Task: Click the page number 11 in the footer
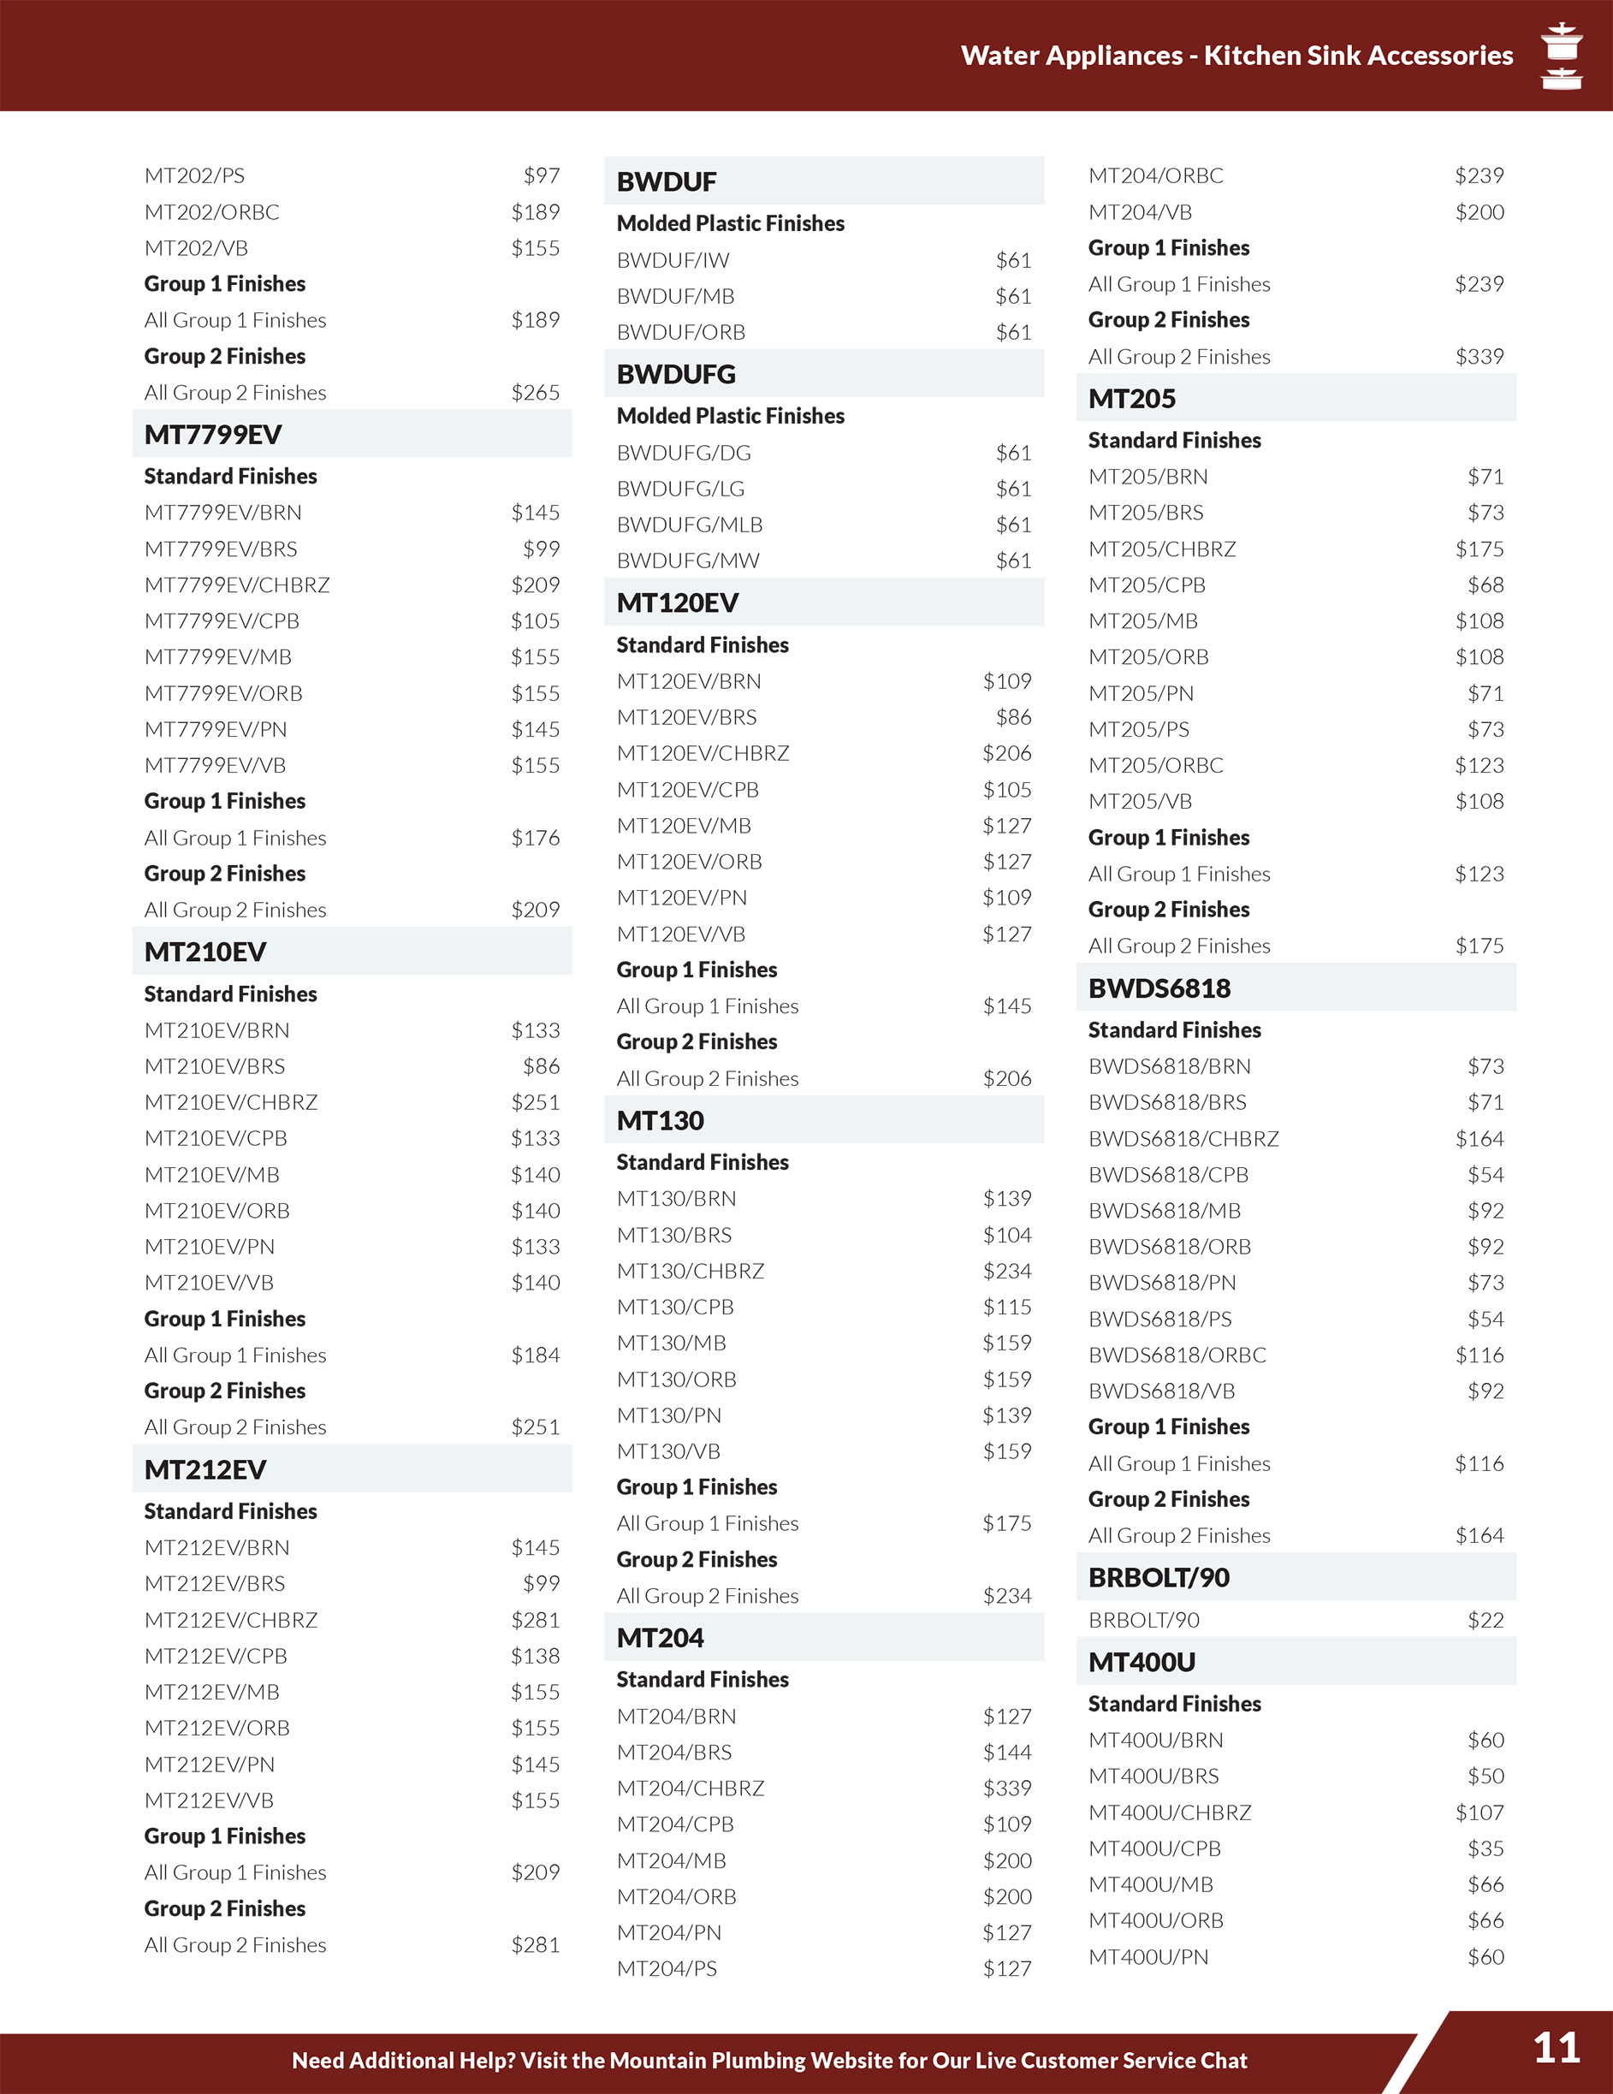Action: pos(1556,2049)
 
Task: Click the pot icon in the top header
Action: pos(1561,56)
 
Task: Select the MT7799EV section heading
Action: pos(213,435)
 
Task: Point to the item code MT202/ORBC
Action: pos(212,212)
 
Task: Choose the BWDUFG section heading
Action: pos(676,374)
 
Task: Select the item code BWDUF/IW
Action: pos(673,260)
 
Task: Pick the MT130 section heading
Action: pos(660,1120)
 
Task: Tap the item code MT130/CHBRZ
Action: pos(691,1272)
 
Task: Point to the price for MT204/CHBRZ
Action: pos(1006,1789)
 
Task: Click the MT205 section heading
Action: pos(1131,398)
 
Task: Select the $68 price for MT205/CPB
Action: pos(1485,584)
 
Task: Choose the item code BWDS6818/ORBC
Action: pos(1177,1355)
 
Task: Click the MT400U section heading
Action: pos(1142,1663)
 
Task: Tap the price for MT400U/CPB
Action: pos(1485,1848)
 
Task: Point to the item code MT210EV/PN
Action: pos(209,1247)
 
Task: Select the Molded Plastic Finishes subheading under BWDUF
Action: pos(731,223)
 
